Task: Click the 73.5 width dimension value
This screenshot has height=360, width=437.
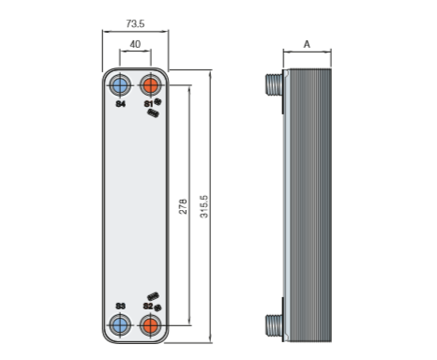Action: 135,23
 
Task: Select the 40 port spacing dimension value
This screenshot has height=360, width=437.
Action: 135,44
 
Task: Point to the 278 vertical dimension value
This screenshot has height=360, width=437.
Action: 183,206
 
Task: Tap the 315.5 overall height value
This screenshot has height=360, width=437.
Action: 203,206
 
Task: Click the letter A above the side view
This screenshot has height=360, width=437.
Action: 307,44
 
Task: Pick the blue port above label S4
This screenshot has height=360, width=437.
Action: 120,85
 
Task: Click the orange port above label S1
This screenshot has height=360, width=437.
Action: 151,85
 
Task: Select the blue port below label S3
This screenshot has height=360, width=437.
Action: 120,325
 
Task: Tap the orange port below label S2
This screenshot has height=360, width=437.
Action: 151,325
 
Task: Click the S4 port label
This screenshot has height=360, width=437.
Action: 121,104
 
